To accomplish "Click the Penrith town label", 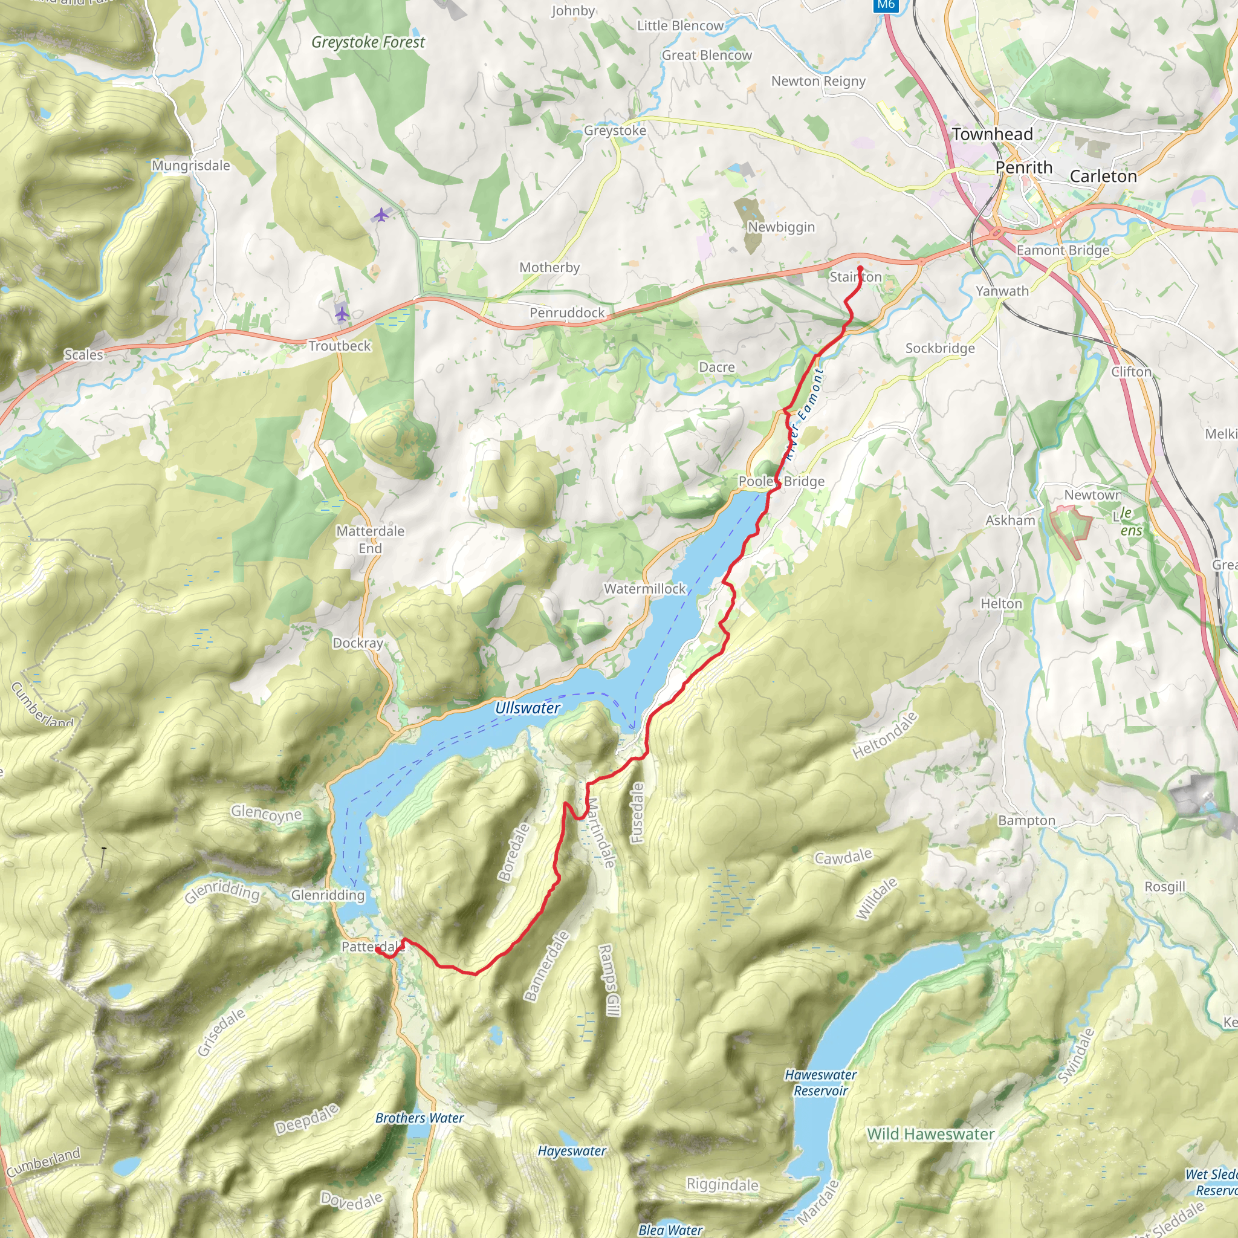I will click(1023, 167).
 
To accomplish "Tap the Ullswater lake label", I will click(527, 707).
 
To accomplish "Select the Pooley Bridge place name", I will click(781, 481).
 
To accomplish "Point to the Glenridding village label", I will click(328, 895).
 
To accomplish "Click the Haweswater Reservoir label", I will click(820, 1082).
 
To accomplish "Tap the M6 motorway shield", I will click(886, 4).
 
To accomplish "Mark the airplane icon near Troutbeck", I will click(342, 313).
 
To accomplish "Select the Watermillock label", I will click(644, 588).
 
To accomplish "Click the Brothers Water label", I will click(420, 1118).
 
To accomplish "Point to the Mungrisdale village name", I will click(190, 165).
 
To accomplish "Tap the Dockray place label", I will click(358, 643).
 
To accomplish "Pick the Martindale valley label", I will click(600, 832).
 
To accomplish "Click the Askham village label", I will click(1010, 520).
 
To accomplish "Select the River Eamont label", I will click(804, 414).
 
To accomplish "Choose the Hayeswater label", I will click(572, 1151).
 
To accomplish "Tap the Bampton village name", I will click(1026, 820).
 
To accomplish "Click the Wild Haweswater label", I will click(930, 1134).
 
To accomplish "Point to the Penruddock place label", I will click(566, 313).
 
